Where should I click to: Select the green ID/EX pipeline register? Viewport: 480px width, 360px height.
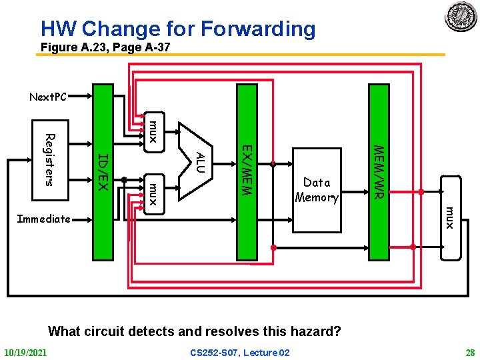[x=103, y=171]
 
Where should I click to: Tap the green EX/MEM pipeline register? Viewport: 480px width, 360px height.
[x=247, y=171]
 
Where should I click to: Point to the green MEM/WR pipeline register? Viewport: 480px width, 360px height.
[x=378, y=171]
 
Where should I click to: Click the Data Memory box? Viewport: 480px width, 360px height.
[x=317, y=189]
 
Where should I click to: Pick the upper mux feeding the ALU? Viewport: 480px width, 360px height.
[x=153, y=130]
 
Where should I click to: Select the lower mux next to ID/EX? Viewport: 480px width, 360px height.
[x=153, y=193]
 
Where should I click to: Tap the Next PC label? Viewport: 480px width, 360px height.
[x=48, y=97]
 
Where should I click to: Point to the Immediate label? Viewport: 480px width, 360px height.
[x=43, y=219]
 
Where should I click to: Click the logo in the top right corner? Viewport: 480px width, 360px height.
[x=461, y=16]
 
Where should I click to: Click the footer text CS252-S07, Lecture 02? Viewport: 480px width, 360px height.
[x=240, y=352]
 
